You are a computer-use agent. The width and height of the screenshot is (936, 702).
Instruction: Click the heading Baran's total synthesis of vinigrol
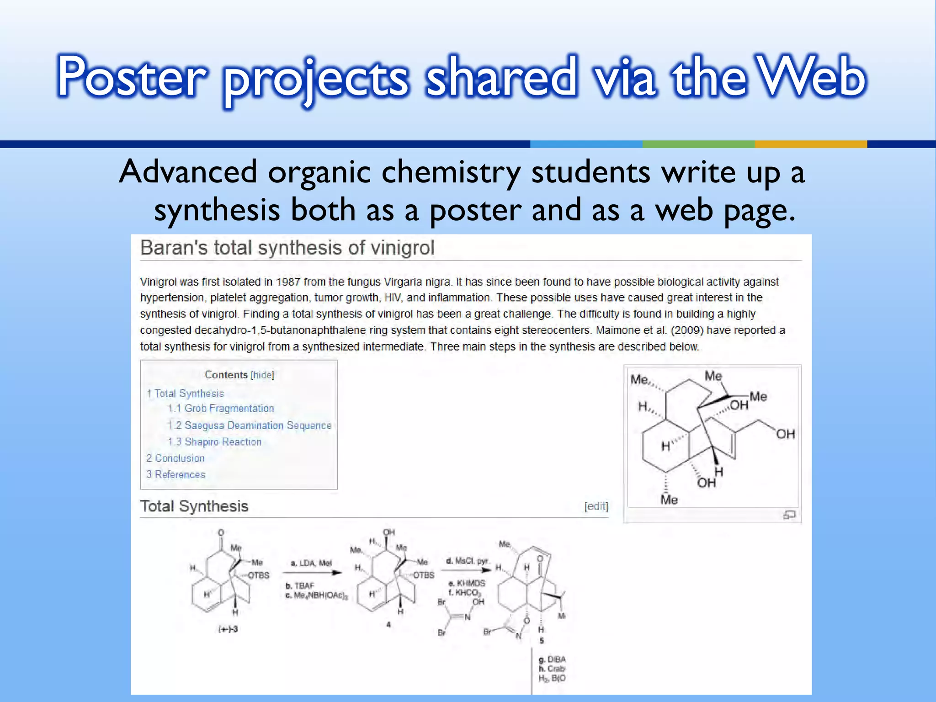point(287,248)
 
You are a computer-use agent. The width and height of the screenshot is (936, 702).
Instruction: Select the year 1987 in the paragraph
point(288,282)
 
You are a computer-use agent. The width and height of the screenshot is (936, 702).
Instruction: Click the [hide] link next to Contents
point(262,375)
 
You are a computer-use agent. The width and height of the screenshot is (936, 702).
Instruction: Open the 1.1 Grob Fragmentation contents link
point(221,409)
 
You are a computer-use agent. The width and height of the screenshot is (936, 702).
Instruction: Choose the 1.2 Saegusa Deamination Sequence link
point(250,425)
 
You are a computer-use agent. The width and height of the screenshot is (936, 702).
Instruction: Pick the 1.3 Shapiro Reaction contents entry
point(215,442)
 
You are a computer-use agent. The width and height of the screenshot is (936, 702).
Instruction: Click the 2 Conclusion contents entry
point(175,458)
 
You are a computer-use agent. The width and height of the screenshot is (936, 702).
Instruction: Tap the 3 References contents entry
point(176,475)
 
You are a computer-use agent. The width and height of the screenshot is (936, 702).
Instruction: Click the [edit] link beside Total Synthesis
point(596,506)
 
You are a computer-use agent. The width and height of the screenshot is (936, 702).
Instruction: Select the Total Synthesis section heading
point(194,506)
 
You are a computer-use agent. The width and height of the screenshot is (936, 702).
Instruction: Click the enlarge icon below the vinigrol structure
point(789,515)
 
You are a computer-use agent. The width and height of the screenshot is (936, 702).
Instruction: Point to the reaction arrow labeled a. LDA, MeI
point(312,573)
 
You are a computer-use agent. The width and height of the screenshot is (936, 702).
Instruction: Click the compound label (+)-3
point(228,629)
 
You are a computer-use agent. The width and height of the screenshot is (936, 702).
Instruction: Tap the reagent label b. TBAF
point(300,586)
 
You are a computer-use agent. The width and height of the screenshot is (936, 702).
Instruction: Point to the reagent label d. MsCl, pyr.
point(467,561)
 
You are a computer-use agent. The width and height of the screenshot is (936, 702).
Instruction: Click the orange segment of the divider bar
point(811,144)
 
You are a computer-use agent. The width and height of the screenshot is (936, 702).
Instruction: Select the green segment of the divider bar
point(698,144)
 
